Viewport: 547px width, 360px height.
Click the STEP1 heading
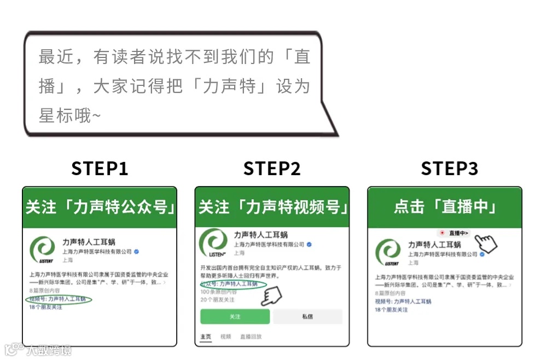click(x=100, y=169)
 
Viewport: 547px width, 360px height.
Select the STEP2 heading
click(x=272, y=169)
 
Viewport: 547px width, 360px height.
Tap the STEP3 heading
click(x=449, y=169)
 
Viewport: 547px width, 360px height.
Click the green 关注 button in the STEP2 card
click(x=235, y=317)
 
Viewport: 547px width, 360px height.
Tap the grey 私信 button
click(x=307, y=317)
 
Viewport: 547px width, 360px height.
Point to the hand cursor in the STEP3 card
click(x=485, y=243)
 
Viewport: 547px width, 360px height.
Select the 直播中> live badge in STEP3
click(x=455, y=233)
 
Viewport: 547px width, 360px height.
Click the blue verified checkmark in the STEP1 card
click(x=137, y=252)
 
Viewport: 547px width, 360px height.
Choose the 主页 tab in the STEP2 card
click(x=206, y=337)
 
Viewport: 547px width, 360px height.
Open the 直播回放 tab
click(x=251, y=337)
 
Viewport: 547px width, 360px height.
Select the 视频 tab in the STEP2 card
click(x=225, y=337)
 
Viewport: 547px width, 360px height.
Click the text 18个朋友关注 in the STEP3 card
click(x=391, y=310)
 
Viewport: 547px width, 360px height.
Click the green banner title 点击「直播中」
click(x=444, y=207)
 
